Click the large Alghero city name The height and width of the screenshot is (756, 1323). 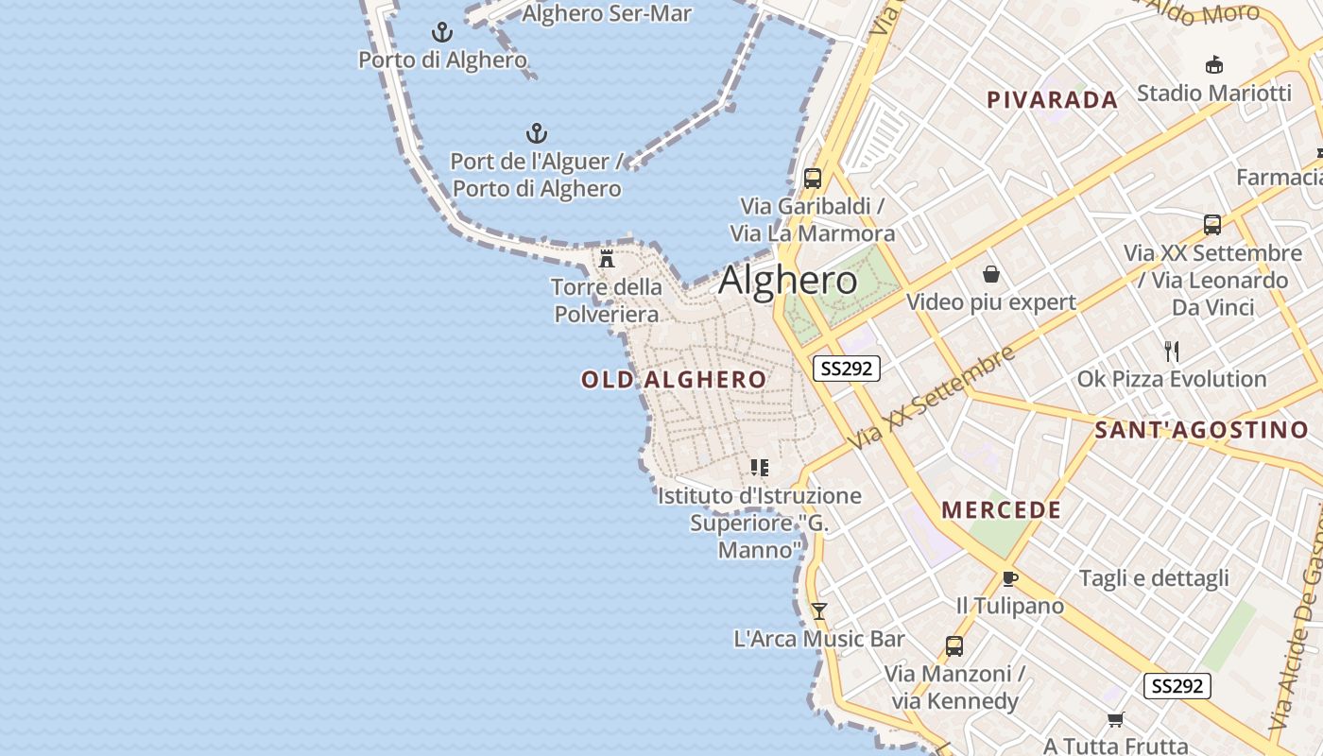click(788, 281)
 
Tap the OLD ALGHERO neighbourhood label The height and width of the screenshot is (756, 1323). click(674, 380)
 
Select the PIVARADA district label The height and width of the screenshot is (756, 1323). click(1052, 100)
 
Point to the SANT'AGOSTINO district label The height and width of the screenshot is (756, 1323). click(1202, 431)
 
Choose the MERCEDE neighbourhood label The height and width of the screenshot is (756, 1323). click(1002, 510)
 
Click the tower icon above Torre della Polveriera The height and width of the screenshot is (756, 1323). click(607, 258)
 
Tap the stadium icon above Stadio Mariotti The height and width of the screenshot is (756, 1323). click(1214, 65)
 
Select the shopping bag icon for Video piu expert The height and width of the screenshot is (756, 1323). click(991, 275)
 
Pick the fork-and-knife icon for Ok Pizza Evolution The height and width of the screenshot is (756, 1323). click(1172, 352)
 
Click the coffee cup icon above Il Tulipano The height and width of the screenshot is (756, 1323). click(1009, 578)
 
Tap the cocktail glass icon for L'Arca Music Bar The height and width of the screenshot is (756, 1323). click(819, 611)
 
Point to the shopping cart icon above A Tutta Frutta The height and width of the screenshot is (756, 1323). click(1115, 720)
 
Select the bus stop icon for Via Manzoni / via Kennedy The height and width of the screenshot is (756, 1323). click(954, 646)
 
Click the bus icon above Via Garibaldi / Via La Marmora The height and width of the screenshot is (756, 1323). click(812, 178)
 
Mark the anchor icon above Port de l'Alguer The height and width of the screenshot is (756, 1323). click(537, 133)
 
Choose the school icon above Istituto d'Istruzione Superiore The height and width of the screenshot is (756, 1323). click(759, 468)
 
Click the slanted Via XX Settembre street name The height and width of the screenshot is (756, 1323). click(931, 397)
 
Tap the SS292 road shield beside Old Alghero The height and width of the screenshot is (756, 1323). click(846, 369)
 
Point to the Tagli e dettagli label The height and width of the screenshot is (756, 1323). click(1154, 578)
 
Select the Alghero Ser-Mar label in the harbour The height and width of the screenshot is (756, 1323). click(607, 13)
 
